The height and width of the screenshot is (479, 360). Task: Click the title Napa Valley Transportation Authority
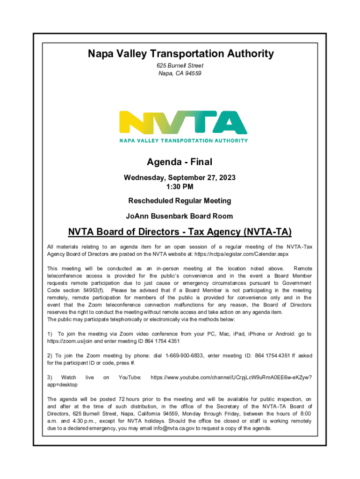point(180,54)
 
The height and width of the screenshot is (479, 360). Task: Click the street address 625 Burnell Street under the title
point(180,66)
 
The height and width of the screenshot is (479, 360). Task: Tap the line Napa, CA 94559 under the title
point(180,73)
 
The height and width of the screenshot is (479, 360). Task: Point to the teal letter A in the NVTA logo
point(229,123)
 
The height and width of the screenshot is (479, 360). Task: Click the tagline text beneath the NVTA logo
point(183,140)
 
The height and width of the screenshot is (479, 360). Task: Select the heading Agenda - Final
point(180,162)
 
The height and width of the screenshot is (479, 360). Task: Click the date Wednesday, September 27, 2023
point(180,178)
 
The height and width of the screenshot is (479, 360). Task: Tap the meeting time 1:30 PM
point(180,187)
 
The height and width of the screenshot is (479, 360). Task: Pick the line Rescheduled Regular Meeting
point(180,201)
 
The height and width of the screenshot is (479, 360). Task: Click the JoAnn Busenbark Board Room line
point(180,216)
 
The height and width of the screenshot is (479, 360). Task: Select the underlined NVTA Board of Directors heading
point(180,232)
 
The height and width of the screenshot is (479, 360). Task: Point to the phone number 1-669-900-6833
point(184,356)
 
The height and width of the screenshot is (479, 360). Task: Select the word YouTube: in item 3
point(130,377)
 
